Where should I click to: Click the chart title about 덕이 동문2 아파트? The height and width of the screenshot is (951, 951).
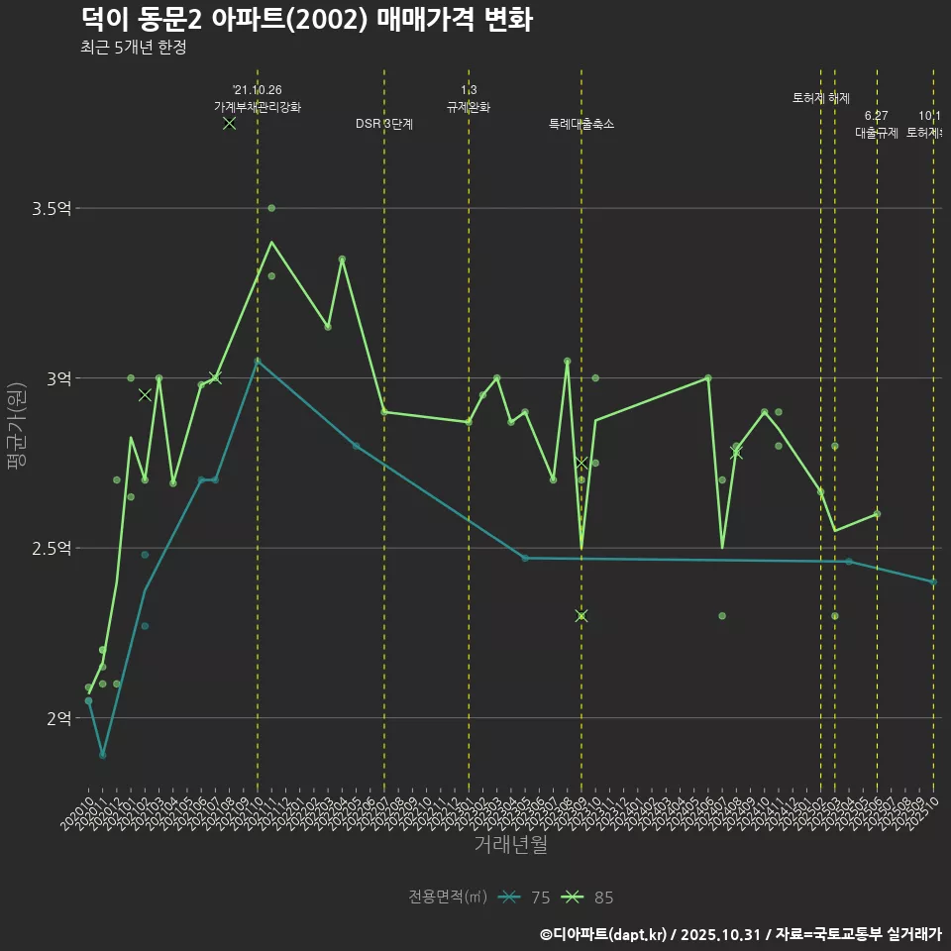click(x=306, y=19)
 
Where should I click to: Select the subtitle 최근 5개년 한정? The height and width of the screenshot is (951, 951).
click(x=134, y=47)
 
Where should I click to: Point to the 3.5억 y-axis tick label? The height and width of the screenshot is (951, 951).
click(x=52, y=208)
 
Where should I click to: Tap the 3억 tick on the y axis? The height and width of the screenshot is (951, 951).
click(x=57, y=378)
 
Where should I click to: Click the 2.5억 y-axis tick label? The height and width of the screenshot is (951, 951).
click(x=52, y=548)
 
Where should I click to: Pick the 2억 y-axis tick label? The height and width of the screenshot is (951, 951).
click(x=57, y=718)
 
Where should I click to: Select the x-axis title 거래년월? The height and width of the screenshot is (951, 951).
click(x=510, y=845)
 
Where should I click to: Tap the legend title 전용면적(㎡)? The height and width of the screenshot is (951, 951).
click(x=448, y=898)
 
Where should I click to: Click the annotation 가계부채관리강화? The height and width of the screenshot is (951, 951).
click(x=258, y=107)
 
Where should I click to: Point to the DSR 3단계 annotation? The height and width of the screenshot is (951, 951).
click(x=384, y=124)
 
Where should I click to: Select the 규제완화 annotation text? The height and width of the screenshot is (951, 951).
click(x=469, y=107)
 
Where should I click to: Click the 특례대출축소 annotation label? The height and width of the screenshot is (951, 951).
click(x=581, y=124)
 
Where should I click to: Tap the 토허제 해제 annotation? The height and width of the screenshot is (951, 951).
click(x=821, y=98)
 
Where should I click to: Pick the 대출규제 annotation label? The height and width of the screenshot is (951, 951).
click(x=877, y=133)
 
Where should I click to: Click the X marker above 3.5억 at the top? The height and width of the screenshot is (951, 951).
click(x=229, y=123)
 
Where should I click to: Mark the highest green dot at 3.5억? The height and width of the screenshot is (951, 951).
click(x=271, y=208)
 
